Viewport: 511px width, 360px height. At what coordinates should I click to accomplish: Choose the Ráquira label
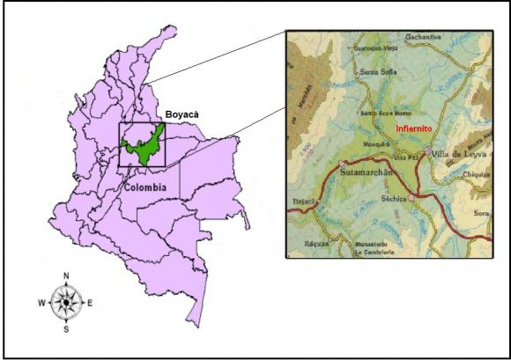316,243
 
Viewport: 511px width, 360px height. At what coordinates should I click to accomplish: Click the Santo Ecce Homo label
381,114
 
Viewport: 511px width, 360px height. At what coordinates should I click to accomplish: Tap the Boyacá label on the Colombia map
183,115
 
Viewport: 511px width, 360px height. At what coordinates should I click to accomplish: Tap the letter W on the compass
41,304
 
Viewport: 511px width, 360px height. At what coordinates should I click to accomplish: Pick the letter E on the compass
91,304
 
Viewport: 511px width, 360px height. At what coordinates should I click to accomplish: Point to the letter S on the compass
66,329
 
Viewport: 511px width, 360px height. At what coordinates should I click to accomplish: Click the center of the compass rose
66,304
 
